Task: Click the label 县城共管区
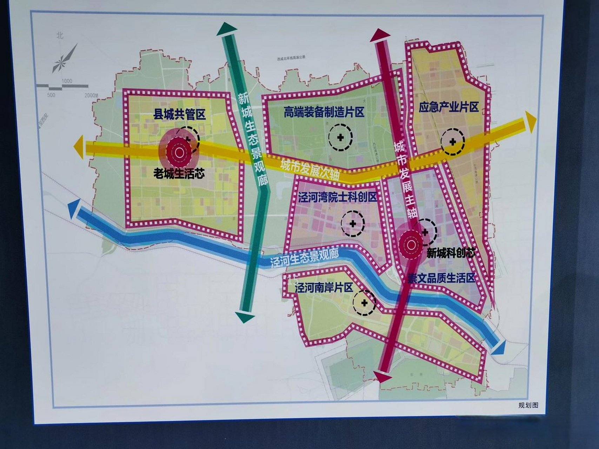(179, 114)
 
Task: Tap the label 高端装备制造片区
(324, 112)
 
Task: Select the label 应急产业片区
(448, 107)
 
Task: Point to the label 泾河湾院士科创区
(338, 197)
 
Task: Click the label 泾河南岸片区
(324, 288)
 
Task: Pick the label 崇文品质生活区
(441, 278)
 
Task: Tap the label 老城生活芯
(179, 173)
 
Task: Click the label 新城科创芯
(451, 253)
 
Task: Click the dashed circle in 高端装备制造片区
(340, 137)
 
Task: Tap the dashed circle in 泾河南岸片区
(364, 303)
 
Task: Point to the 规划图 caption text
(528, 405)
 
